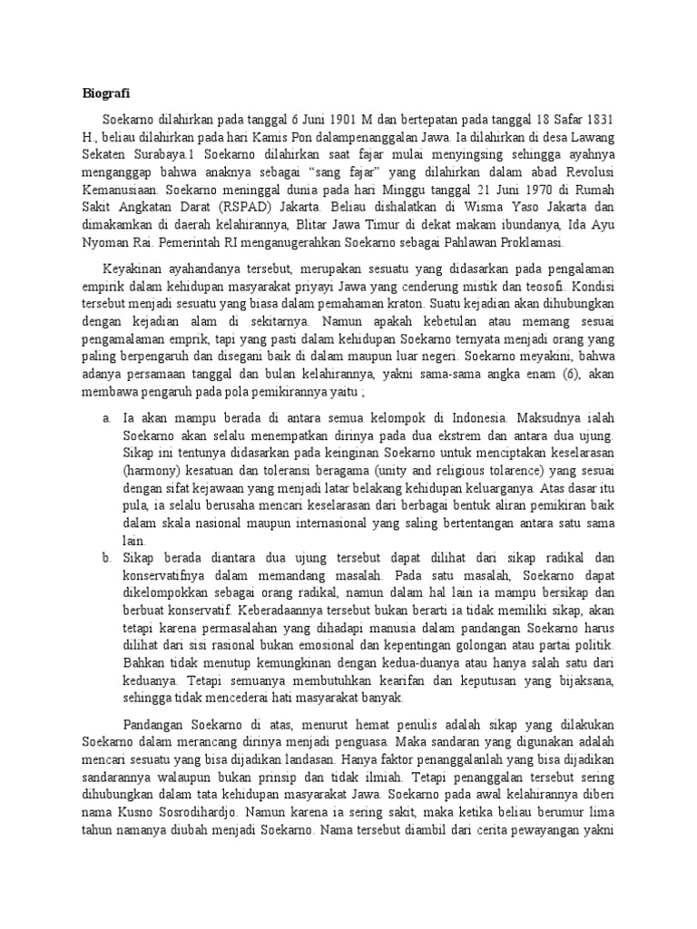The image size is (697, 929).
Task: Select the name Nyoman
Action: tap(112, 243)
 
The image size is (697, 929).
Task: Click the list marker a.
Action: tap(106, 419)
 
